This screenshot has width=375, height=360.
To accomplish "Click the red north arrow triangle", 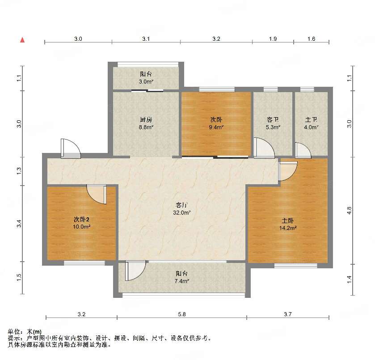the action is coord(22,40).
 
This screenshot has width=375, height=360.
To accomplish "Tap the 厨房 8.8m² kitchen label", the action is coord(146,123).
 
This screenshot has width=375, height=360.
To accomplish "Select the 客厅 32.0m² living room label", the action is coord(182,209).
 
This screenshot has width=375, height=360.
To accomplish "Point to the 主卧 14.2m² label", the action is coord(288,224).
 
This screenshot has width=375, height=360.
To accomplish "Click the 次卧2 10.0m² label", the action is coord(81,223).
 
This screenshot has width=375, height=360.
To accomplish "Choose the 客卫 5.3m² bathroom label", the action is coord(273,123).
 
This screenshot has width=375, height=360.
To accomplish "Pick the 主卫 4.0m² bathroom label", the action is coord(311,123).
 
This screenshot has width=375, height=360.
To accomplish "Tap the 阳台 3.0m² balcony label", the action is coord(146,78).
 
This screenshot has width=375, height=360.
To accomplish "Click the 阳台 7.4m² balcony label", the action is coord(182,277).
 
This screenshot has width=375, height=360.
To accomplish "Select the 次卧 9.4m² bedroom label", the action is coord(216,123).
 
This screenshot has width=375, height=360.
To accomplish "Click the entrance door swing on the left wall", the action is coord(71,148).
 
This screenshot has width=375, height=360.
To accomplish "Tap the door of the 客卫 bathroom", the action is coord(264,148).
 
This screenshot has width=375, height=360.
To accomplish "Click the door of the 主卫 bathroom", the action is coord(303,150).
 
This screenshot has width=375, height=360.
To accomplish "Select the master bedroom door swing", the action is coord(288,171).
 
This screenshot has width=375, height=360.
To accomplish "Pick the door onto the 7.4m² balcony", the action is coord(135,271).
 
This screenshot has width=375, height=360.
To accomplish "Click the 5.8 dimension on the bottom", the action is coord(182,314).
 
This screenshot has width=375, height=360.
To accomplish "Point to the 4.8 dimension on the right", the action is coord(350,211).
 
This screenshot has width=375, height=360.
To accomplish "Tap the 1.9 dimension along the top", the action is coord(273,39).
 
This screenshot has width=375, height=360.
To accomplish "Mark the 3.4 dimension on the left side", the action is coord(19,224).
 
